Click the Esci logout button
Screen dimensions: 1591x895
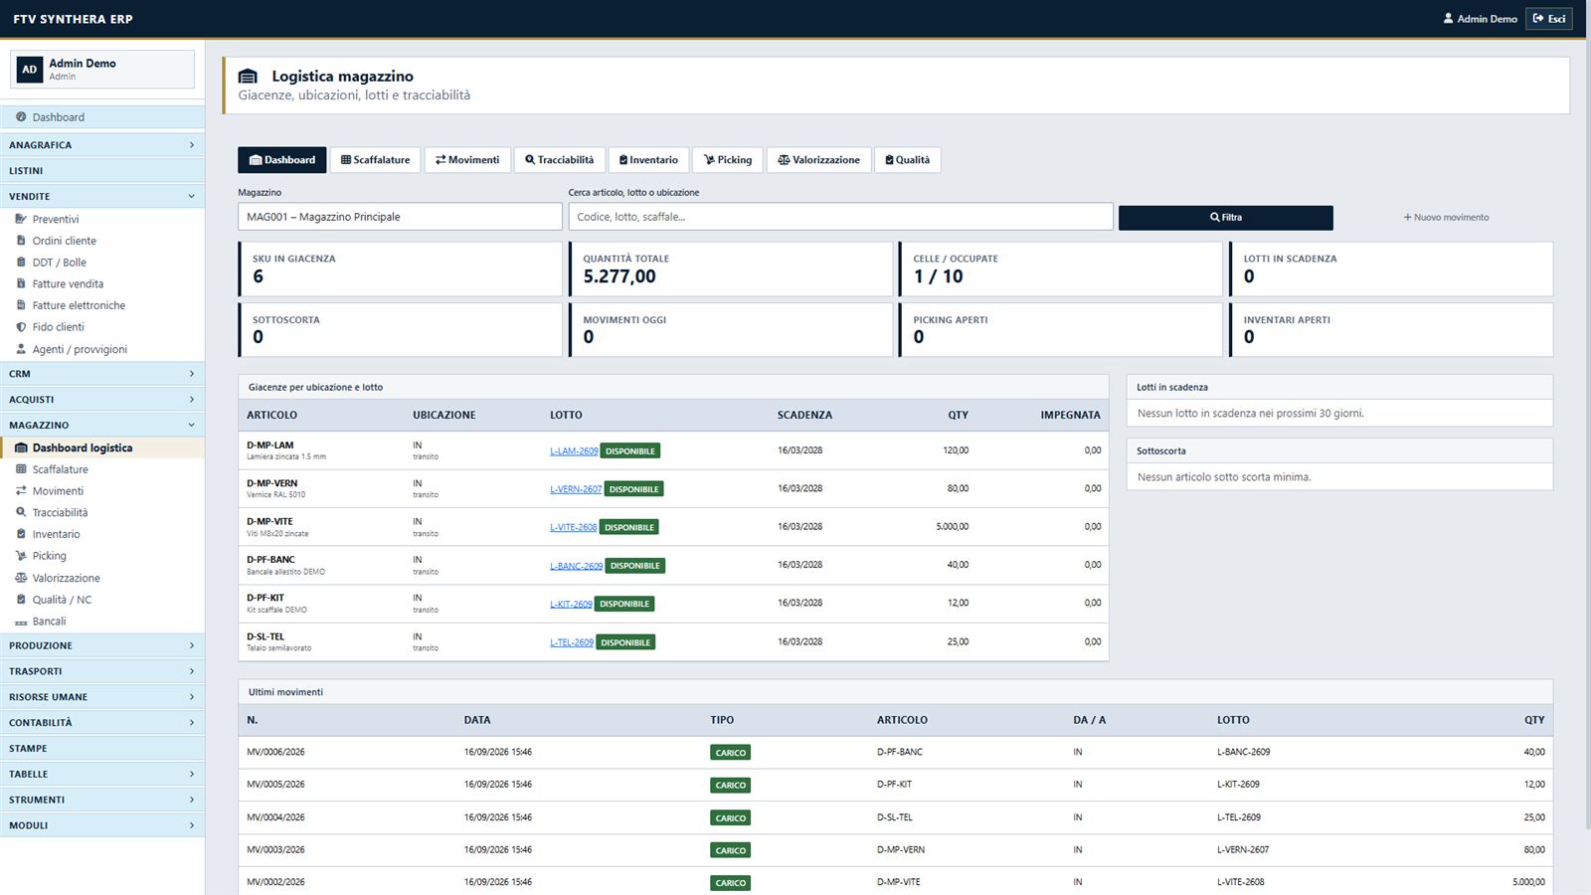tap(1549, 19)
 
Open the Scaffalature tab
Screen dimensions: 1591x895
tap(375, 160)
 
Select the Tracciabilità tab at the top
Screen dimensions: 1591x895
tap(560, 160)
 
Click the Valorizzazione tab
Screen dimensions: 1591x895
tap(819, 160)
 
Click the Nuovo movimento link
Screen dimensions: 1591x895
tap(1446, 218)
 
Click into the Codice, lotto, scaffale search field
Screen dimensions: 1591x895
tap(840, 217)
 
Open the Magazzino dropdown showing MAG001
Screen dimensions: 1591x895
tap(400, 217)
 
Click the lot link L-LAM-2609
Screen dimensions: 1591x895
tap(574, 451)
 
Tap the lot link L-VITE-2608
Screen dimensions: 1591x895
tap(573, 527)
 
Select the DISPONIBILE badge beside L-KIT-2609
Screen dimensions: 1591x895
tap(624, 604)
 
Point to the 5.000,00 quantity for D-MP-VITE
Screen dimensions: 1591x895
tap(952, 526)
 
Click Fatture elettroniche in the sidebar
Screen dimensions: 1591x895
tap(79, 305)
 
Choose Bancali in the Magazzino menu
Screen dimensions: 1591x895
tap(49, 621)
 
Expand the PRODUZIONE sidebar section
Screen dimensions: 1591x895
tap(102, 645)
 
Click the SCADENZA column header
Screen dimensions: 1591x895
tap(804, 415)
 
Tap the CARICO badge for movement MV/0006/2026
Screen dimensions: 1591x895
tap(730, 752)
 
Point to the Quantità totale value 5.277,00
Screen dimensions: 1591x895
tap(619, 276)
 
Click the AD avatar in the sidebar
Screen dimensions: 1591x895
tap(30, 70)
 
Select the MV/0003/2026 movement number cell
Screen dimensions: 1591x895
tap(275, 849)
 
